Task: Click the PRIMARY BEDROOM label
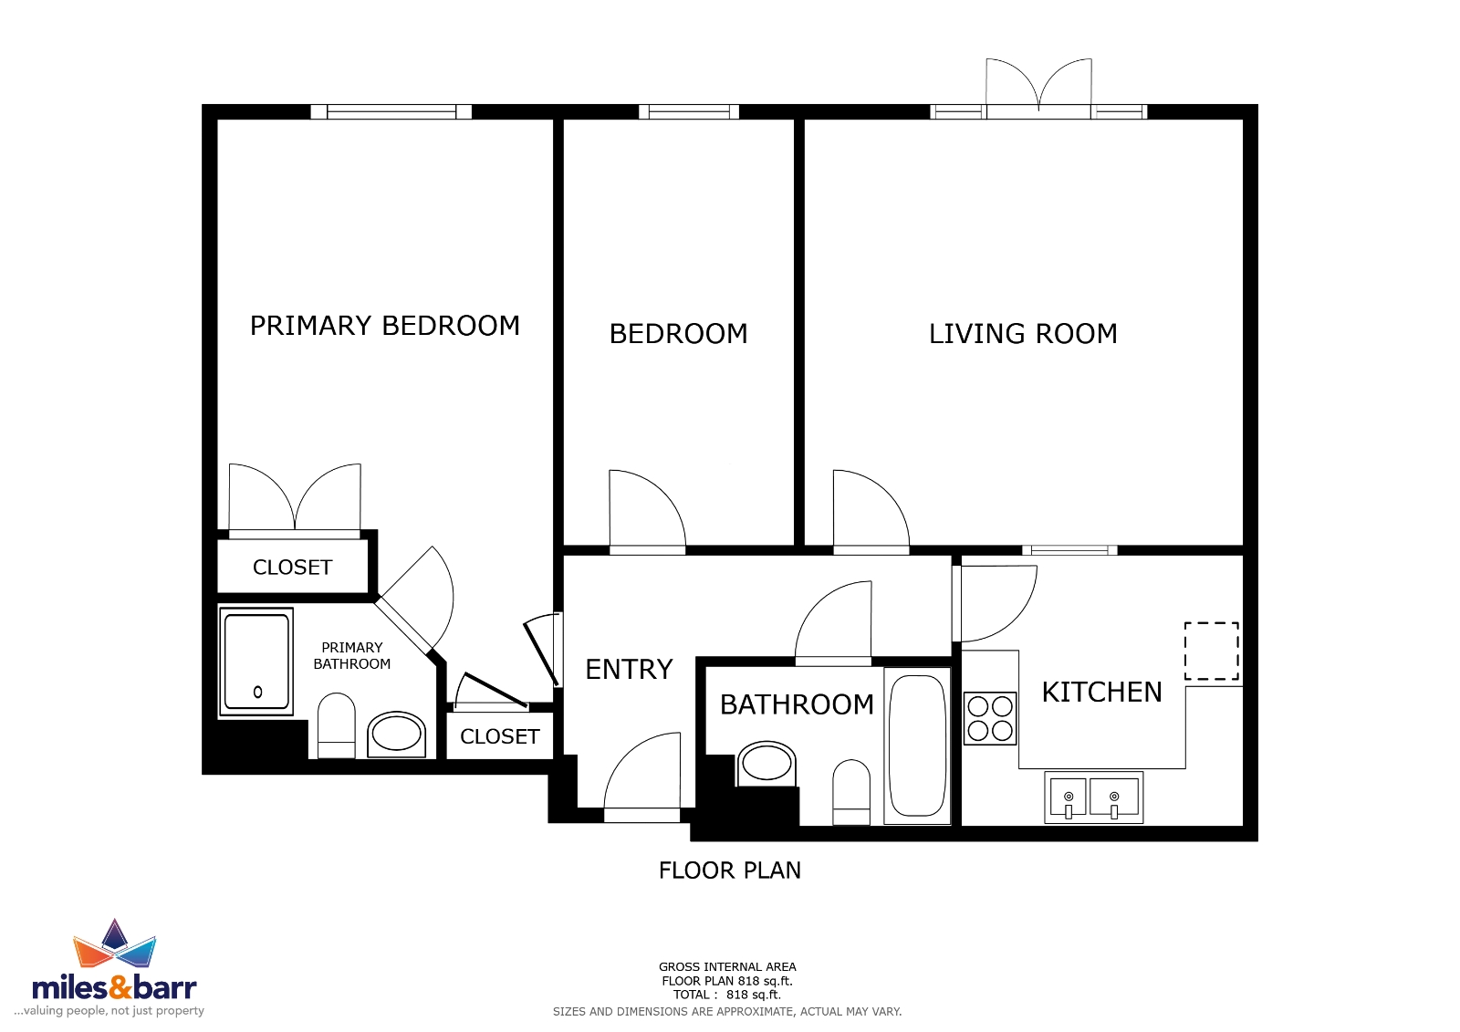tap(384, 326)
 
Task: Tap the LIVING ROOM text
tap(1023, 334)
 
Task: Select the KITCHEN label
tap(1101, 693)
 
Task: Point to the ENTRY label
tap(629, 670)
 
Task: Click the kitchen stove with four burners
tap(990, 718)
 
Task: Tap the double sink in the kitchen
tap(1094, 797)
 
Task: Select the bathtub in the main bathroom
tap(918, 745)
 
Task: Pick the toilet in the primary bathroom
tap(337, 725)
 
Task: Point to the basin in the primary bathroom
tap(396, 735)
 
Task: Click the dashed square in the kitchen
tap(1212, 652)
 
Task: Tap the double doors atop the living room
tap(1038, 89)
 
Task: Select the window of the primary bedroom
tap(391, 111)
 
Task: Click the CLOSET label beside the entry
tap(500, 736)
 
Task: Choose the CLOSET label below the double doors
tap(293, 568)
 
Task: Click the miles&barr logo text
tap(115, 987)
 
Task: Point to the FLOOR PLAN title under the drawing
tap(729, 870)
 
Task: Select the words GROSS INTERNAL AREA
tap(727, 967)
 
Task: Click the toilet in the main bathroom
tap(851, 792)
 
